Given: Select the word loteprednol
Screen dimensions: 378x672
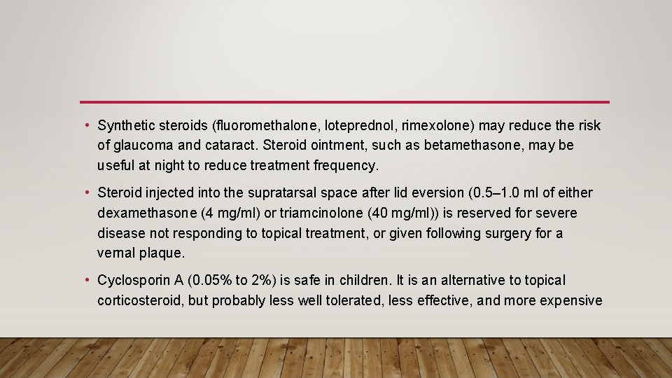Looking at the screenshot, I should pyautogui.click(x=318, y=126).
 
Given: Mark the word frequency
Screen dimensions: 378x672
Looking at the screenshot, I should pyautogui.click(x=344, y=165).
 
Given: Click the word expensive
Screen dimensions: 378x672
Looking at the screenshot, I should pyautogui.click(x=569, y=300).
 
